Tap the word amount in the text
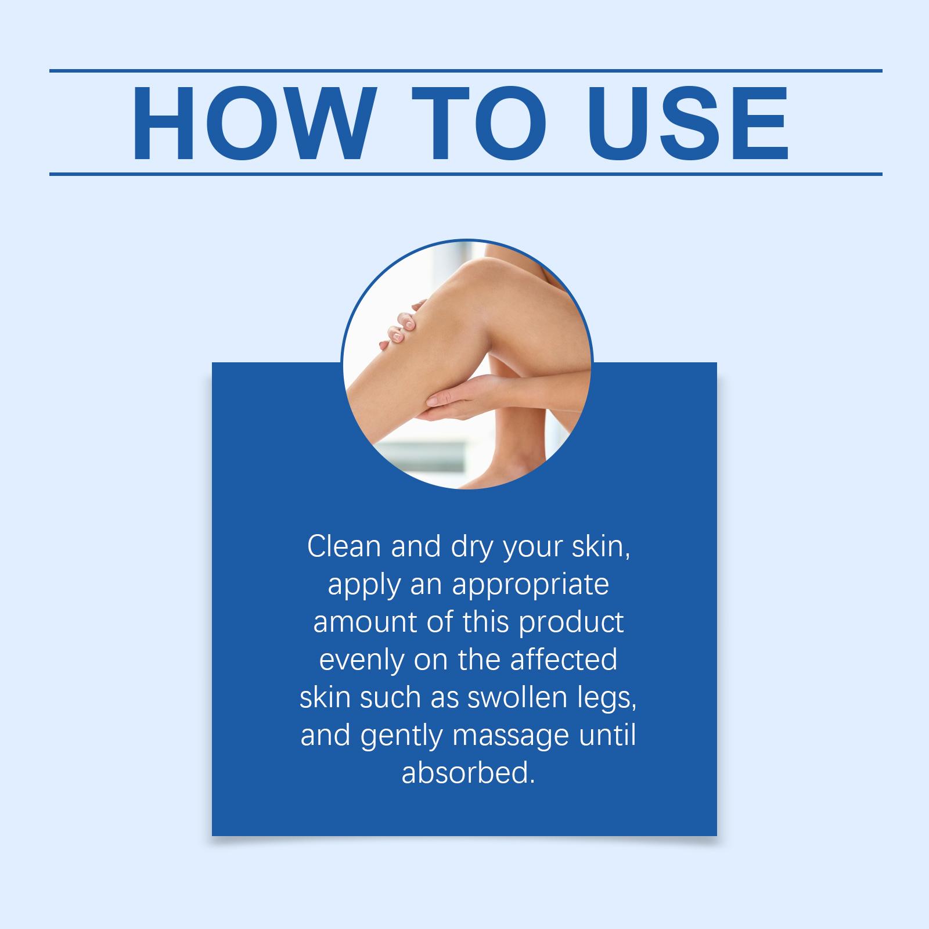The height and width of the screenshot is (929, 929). point(365,622)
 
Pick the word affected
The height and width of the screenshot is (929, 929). point(563,659)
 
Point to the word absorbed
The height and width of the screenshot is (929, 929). point(467,772)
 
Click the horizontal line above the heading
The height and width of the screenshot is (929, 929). point(466,71)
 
